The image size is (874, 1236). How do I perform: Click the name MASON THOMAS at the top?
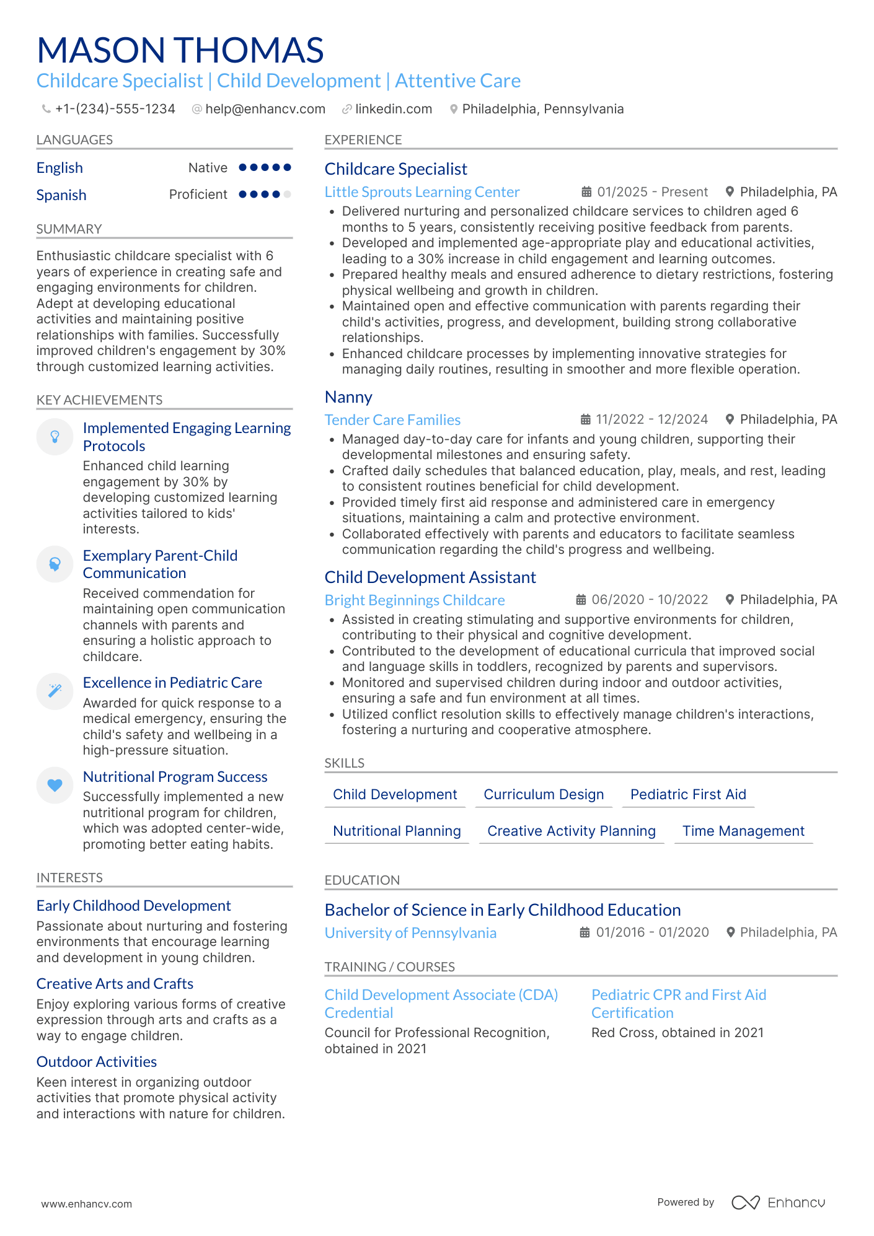(180, 50)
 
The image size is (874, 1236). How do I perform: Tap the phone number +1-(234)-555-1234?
(115, 109)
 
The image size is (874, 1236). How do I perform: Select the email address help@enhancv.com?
(265, 109)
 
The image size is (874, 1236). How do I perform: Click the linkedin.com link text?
(394, 109)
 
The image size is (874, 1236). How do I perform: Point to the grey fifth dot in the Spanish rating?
(287, 195)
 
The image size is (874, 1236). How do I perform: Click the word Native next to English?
(208, 168)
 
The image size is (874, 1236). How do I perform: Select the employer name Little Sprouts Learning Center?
(422, 192)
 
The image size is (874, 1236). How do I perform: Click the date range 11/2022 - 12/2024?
(651, 419)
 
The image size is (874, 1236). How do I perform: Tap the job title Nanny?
(348, 397)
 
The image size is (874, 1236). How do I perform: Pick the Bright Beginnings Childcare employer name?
(415, 600)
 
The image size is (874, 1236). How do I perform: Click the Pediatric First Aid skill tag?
(688, 794)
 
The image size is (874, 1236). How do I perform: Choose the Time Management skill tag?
(743, 831)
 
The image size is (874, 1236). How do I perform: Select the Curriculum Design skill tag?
(544, 794)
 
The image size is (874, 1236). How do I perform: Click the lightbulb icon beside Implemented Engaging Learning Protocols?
(55, 437)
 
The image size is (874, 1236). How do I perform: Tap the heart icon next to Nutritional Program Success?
(55, 785)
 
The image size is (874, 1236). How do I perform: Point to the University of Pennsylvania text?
(410, 933)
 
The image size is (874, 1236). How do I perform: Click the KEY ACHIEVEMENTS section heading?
(99, 400)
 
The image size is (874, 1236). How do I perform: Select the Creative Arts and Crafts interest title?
(115, 984)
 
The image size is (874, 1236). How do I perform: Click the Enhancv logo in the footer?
(778, 1203)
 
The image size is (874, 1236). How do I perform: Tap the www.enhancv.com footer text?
(87, 1204)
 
